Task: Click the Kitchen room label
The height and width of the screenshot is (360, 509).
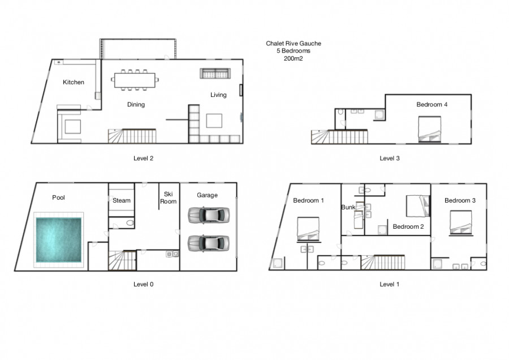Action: pos(74,82)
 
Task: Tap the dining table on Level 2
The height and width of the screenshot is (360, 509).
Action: pos(135,80)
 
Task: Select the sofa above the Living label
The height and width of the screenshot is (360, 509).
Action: pos(215,74)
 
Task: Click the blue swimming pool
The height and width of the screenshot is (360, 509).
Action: pos(58,240)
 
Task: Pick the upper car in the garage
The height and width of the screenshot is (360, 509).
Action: pos(209,215)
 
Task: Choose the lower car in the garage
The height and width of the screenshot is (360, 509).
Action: pos(209,243)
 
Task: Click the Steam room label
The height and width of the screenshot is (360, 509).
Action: pos(122,200)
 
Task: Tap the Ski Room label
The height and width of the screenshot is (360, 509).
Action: pos(168,198)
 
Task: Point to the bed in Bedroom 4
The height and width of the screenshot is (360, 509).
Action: pos(429,129)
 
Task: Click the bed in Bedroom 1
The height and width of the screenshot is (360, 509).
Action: pos(308,229)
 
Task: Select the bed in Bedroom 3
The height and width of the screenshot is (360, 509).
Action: pos(460,222)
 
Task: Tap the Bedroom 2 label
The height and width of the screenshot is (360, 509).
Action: pos(408,226)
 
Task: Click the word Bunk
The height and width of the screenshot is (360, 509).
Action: pos(348,207)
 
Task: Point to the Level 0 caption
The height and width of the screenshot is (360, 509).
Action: pos(143,284)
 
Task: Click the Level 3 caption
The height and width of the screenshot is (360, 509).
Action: pos(390,158)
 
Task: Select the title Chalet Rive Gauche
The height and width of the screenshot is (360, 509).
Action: pos(294,43)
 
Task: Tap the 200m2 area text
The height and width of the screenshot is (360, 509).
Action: pos(293,58)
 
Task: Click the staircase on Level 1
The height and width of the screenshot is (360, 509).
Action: pos(383,262)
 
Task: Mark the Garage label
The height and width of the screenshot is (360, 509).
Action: pos(207,195)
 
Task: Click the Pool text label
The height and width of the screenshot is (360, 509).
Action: pos(58,198)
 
